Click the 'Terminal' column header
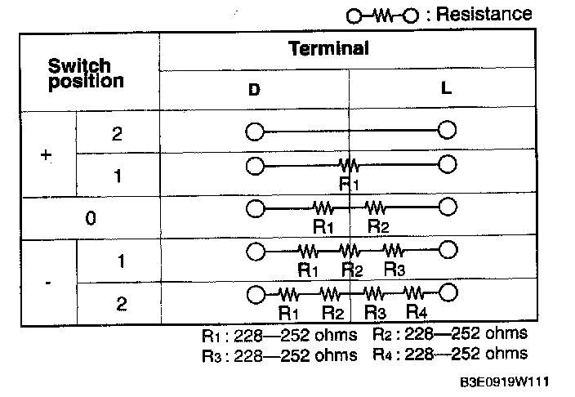tap(328, 48)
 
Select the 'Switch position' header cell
tap(86, 73)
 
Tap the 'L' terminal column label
tap(446, 87)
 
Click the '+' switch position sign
tap(46, 153)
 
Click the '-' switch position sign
tap(48, 283)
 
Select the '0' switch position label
tap(90, 218)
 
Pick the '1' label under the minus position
tap(120, 261)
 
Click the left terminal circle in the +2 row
tap(254, 131)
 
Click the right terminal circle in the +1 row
tap(447, 165)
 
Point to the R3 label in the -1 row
tap(394, 269)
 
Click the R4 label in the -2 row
tap(417, 311)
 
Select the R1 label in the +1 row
tap(350, 184)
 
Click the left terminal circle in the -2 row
tap(254, 292)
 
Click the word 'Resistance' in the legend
tap(484, 14)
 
